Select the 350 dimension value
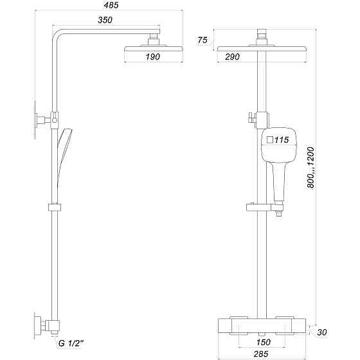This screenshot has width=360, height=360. (x=106, y=21)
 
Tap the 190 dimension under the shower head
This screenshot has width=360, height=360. (x=152, y=58)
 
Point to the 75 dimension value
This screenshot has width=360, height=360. (x=202, y=40)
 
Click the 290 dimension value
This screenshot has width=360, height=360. (x=233, y=58)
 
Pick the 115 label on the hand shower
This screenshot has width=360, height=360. (x=282, y=139)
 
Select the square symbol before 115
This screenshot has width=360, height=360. (x=269, y=139)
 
